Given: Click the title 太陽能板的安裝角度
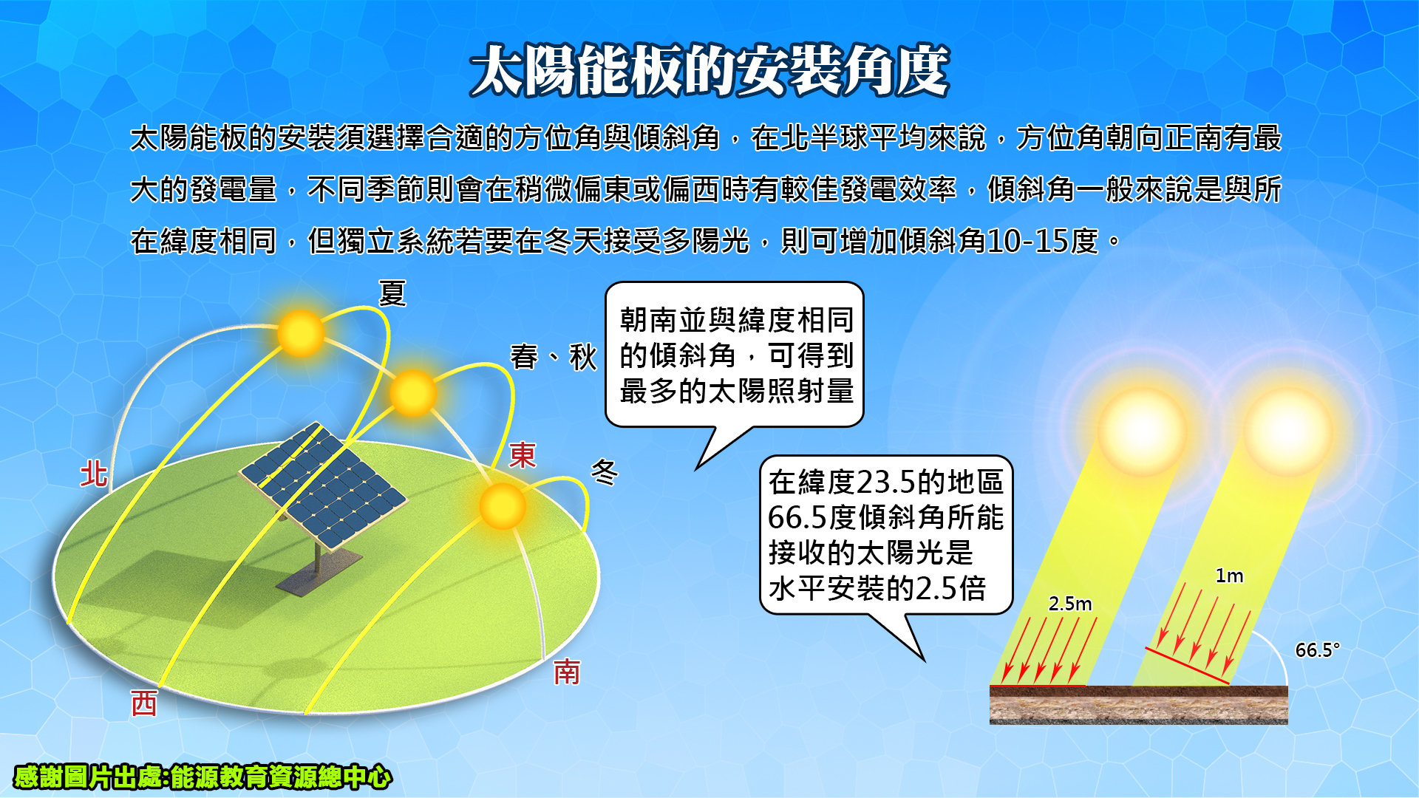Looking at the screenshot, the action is (709, 71).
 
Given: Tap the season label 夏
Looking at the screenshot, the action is (392, 293).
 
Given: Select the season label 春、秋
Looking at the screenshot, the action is (554, 357).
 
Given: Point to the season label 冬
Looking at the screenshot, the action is (605, 471).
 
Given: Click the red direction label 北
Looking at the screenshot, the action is (94, 474).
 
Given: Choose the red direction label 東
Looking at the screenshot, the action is (523, 455).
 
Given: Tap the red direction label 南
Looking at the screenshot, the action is (567, 672).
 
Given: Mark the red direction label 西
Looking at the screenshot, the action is (144, 703).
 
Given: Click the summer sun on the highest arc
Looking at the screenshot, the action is (301, 333).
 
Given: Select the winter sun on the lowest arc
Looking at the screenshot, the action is (503, 506).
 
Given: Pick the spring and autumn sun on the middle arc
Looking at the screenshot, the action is (413, 393).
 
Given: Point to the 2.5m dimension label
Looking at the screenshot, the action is (1070, 604).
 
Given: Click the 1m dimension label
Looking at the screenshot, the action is (1229, 576).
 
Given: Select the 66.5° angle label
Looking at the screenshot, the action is (1317, 650).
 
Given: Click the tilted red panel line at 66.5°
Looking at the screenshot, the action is (1187, 666).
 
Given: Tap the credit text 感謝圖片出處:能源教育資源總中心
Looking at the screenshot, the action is (203, 777).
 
